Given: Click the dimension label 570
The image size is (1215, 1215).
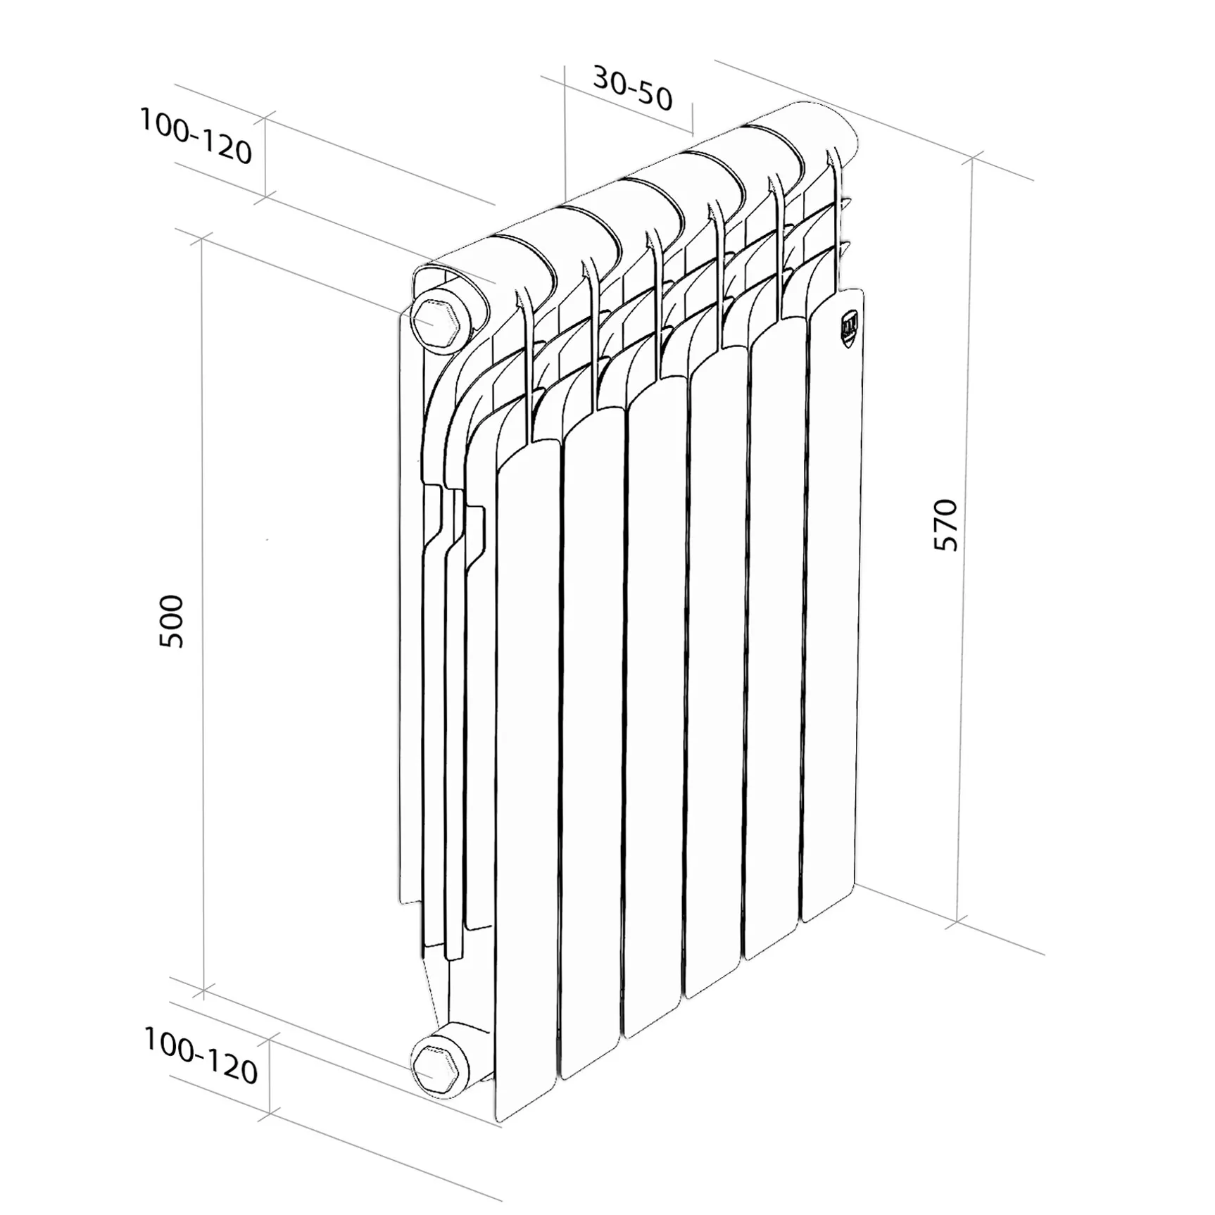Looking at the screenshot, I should [945, 525].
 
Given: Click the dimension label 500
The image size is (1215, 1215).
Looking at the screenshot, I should [171, 621].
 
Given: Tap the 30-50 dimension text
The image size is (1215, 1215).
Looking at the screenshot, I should [632, 89].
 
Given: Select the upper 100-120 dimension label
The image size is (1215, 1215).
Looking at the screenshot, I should [195, 137].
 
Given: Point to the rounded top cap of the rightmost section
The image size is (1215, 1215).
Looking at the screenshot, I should [817, 134].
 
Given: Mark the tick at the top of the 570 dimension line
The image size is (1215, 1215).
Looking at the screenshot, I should [974, 158].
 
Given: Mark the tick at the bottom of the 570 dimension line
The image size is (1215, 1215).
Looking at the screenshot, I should [958, 921].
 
